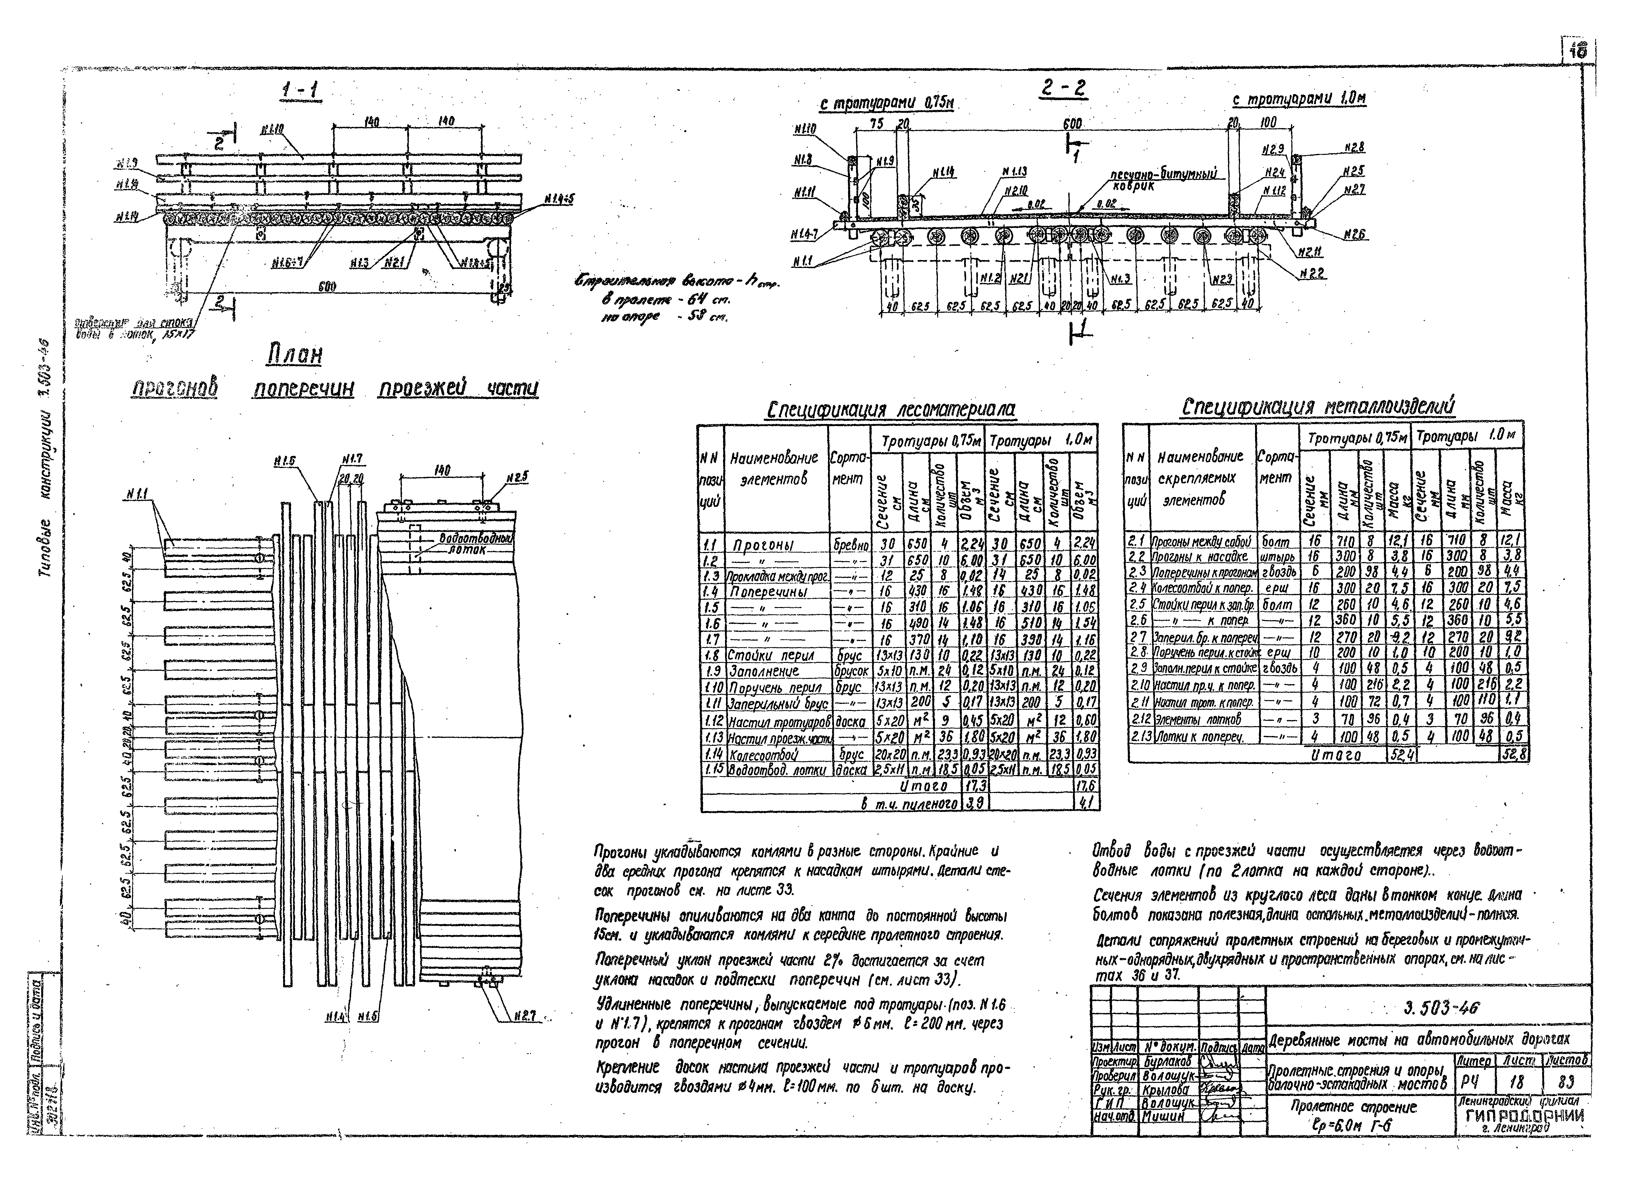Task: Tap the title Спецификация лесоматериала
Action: (890, 410)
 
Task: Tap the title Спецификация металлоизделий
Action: (1318, 407)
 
